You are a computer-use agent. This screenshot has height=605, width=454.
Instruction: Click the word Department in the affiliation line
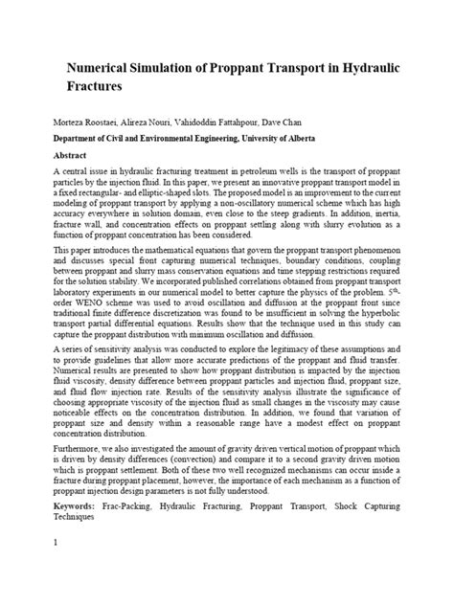tap(84, 139)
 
